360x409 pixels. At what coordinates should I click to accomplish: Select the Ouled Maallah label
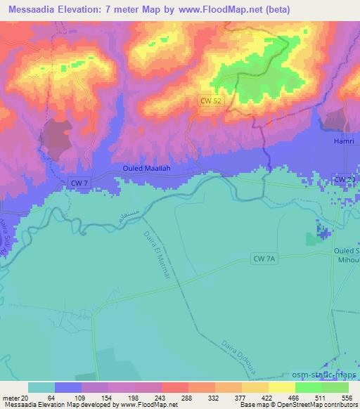point(148,169)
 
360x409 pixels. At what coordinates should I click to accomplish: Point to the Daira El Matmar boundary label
point(156,253)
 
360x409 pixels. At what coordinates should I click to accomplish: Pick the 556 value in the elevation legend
point(348,398)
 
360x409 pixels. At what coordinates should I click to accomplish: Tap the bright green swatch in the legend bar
point(309,387)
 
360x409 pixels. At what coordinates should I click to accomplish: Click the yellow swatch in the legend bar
point(281,387)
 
